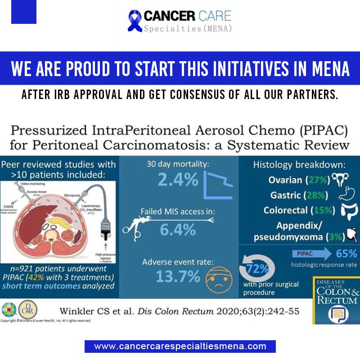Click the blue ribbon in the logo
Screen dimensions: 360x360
point(135,21)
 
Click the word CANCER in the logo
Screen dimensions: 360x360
point(169,17)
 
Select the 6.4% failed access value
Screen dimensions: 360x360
point(178,229)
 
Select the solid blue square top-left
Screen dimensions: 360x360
point(24,12)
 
